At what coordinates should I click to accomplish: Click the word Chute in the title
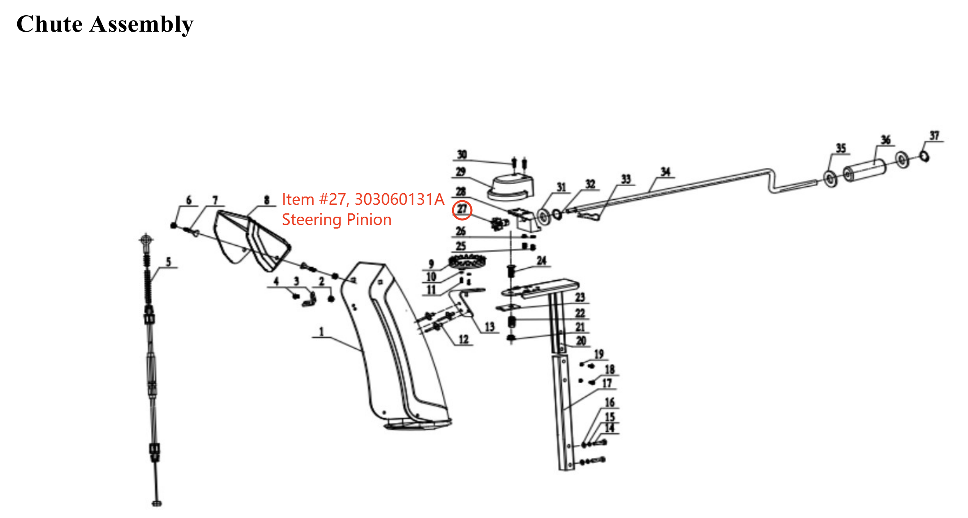pyautogui.click(x=49, y=24)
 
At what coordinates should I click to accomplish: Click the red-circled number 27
pyautogui.click(x=462, y=210)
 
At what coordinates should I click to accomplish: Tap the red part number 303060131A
pyautogui.click(x=400, y=199)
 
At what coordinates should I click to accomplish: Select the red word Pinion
pyautogui.click(x=369, y=220)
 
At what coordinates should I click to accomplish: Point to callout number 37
pyautogui.click(x=934, y=136)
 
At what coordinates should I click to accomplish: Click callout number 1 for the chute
pyautogui.click(x=321, y=331)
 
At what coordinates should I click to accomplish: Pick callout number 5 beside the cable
pyautogui.click(x=168, y=262)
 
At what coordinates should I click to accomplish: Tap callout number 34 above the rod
pyautogui.click(x=665, y=172)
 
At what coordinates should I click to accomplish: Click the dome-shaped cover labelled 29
pyautogui.click(x=511, y=187)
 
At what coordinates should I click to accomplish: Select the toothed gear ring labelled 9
pyautogui.click(x=467, y=261)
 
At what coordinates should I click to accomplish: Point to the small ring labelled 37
pyautogui.click(x=924, y=156)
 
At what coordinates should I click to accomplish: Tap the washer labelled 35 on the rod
pyautogui.click(x=831, y=179)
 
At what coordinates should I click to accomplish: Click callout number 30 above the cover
pyautogui.click(x=462, y=155)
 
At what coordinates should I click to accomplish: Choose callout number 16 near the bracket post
pyautogui.click(x=610, y=402)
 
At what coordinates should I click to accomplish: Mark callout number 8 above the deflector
pyautogui.click(x=266, y=200)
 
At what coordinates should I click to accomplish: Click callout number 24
pyautogui.click(x=541, y=261)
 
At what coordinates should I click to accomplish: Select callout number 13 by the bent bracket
pyautogui.click(x=489, y=327)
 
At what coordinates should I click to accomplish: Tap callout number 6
pyautogui.click(x=189, y=200)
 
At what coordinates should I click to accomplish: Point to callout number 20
pyautogui.click(x=581, y=341)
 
